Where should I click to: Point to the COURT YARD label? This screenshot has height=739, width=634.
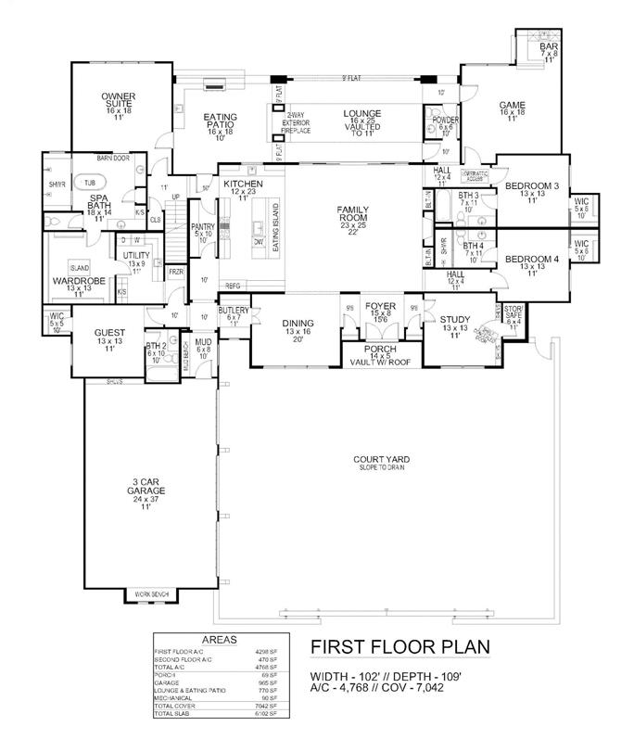381,461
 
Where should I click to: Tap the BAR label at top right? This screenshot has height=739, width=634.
549,46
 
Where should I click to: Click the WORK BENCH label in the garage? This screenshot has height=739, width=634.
151,592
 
